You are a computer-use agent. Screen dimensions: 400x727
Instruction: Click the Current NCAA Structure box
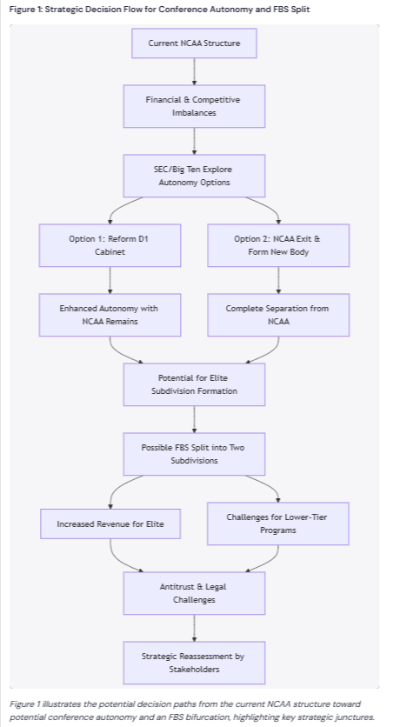[x=194, y=43]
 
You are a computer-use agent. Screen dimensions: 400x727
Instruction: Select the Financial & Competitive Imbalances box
[x=194, y=106]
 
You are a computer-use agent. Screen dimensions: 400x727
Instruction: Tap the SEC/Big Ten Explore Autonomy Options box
[x=194, y=176]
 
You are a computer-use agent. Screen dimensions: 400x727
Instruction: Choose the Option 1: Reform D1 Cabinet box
[x=110, y=245]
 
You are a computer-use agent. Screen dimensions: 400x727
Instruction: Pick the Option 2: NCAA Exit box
[x=278, y=245]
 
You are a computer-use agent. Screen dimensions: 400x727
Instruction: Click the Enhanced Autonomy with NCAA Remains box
[x=110, y=315]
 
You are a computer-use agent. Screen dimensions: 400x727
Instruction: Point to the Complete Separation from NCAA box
[x=278, y=315]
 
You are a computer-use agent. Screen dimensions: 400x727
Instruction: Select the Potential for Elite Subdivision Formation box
[x=194, y=384]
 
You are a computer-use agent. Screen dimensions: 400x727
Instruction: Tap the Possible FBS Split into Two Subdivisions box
[x=194, y=454]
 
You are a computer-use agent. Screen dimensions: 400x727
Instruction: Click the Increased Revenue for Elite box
[x=110, y=524]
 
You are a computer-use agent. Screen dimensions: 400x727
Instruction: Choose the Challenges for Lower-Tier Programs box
[x=278, y=524]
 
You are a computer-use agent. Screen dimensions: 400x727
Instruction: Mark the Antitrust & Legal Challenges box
[x=194, y=593]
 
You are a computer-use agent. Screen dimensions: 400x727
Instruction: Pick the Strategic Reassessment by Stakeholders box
[x=194, y=663]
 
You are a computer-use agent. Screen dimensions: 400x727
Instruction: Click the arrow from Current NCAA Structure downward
[x=194, y=71]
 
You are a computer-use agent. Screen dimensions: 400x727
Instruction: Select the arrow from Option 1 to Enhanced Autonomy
[x=110, y=280]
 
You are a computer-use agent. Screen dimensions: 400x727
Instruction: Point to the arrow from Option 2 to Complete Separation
[x=278, y=280]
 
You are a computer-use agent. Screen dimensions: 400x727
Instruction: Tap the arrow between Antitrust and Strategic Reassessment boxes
[x=194, y=628]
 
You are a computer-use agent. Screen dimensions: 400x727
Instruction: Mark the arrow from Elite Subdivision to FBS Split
[x=194, y=419]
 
